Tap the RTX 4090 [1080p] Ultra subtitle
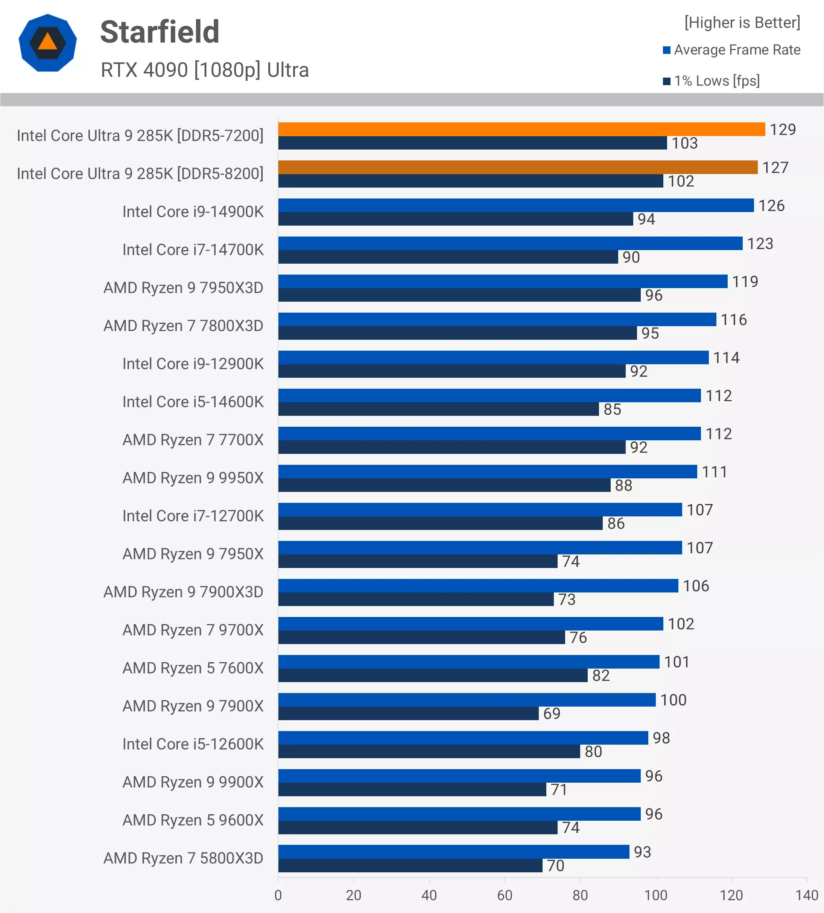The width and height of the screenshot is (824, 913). click(x=205, y=70)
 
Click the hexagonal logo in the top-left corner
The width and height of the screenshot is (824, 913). click(x=47, y=43)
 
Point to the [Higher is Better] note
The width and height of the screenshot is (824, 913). click(x=742, y=23)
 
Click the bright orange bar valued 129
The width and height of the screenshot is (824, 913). click(x=521, y=130)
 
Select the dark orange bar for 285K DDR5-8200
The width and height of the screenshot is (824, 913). click(x=518, y=168)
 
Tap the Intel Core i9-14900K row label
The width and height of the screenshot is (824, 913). click(x=193, y=212)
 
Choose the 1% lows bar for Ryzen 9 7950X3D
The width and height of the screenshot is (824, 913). click(x=459, y=295)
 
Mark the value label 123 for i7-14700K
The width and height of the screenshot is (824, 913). click(x=760, y=244)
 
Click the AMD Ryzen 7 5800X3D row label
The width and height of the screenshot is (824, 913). click(x=183, y=858)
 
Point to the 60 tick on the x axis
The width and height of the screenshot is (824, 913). click(x=505, y=895)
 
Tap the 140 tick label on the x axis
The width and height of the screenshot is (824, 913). click(x=807, y=895)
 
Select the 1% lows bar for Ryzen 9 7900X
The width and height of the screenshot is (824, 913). click(x=408, y=714)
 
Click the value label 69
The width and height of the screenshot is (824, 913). click(x=552, y=714)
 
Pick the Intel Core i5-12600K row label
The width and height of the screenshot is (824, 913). click(x=193, y=744)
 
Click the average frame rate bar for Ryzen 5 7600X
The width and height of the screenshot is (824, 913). click(x=469, y=662)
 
